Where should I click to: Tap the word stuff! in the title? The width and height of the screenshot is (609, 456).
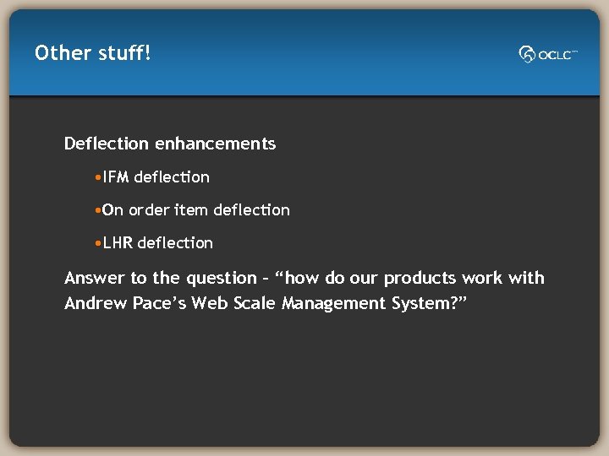tap(124, 53)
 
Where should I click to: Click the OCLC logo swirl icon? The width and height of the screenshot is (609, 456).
tap(528, 54)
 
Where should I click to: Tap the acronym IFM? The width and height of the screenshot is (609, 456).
tap(116, 177)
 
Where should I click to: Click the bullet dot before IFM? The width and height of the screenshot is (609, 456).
tap(99, 177)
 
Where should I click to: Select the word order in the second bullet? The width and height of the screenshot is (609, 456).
tap(149, 210)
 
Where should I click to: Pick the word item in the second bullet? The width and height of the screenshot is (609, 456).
tap(190, 210)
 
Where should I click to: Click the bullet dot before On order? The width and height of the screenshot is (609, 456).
tap(99, 210)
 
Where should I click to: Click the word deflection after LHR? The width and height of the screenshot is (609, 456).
tap(175, 243)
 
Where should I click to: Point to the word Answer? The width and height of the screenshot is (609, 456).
tap(94, 278)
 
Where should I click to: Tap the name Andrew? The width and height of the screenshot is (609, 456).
tap(96, 303)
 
